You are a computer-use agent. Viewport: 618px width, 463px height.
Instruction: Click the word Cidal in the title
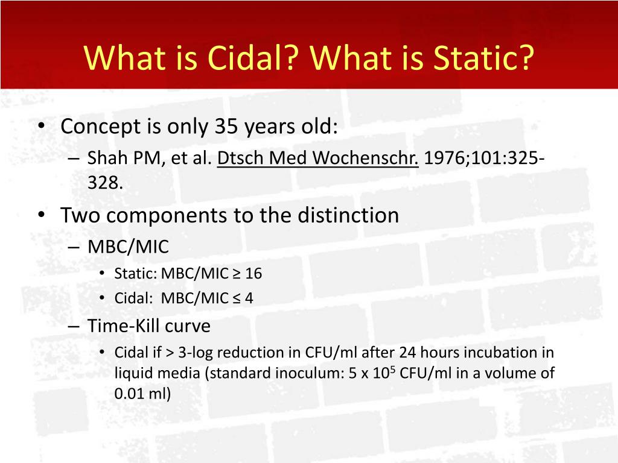click(x=250, y=57)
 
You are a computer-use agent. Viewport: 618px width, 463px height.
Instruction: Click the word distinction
click(x=348, y=215)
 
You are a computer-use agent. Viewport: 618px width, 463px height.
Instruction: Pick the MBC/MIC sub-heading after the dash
click(x=128, y=247)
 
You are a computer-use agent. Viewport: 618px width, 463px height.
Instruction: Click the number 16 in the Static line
click(x=253, y=274)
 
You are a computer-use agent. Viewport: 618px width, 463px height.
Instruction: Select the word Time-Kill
click(x=123, y=326)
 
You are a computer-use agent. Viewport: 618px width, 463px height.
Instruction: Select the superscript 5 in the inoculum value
click(x=392, y=370)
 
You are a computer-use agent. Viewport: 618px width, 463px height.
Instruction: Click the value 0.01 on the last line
click(x=126, y=393)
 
